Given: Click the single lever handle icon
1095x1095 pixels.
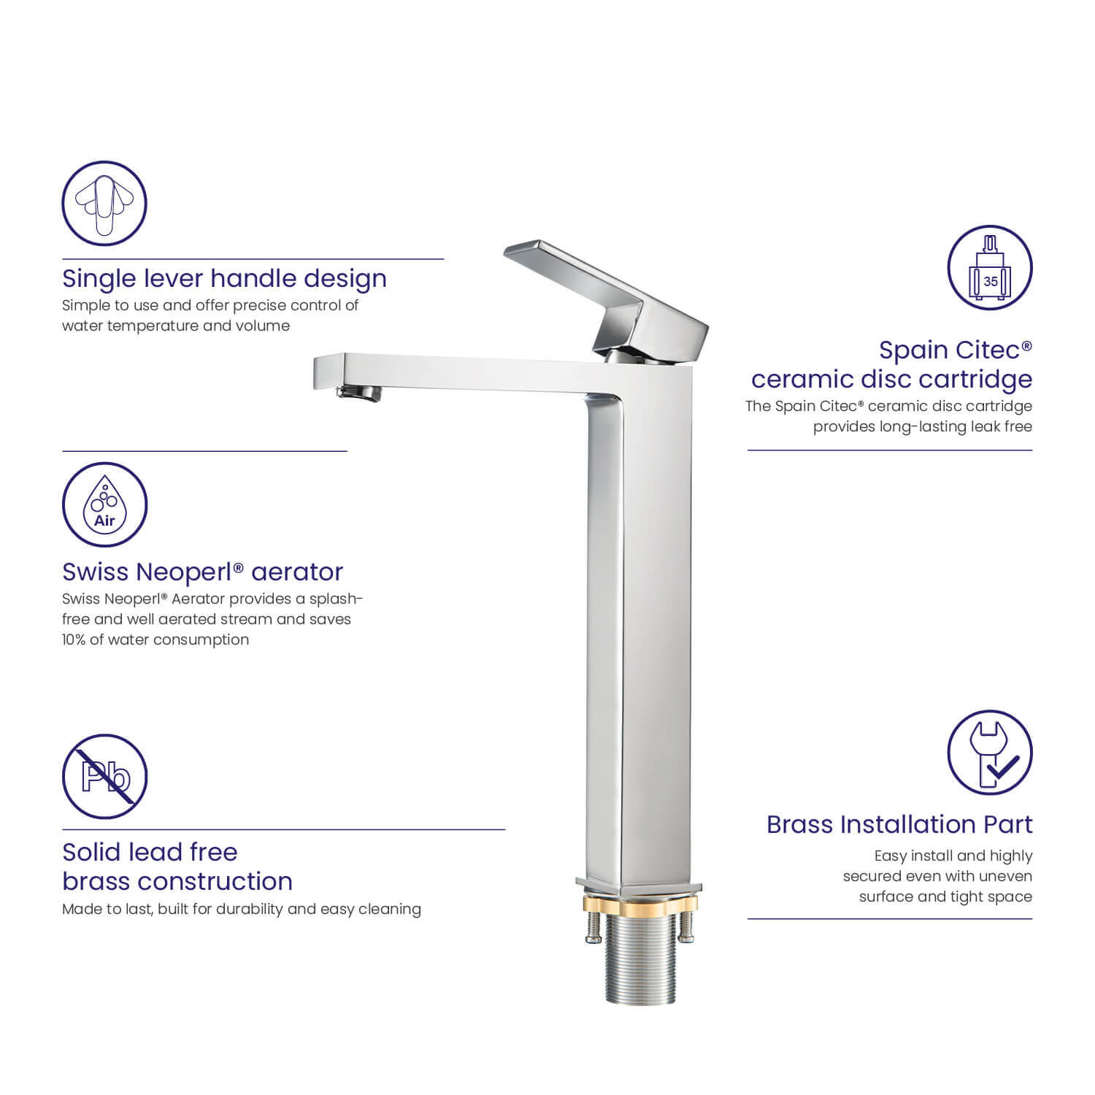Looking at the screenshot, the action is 104,204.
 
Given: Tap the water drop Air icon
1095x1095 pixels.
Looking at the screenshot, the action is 104,504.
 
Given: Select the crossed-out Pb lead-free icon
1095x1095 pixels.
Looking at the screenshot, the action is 104,777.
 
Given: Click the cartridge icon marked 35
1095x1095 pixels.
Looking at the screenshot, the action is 990,268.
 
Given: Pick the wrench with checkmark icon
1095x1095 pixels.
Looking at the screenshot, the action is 990,753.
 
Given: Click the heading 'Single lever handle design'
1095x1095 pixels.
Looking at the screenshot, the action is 224,279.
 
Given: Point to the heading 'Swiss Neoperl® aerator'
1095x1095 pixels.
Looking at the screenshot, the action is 202,572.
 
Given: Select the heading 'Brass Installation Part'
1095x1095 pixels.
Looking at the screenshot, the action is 899,824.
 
